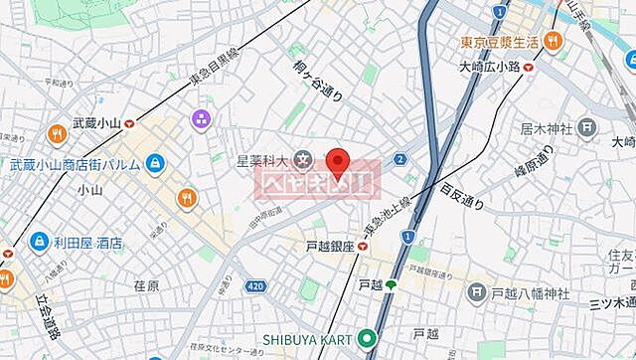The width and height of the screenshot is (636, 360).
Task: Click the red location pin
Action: coord(339,161)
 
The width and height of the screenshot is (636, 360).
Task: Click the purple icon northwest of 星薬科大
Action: coord(201,120)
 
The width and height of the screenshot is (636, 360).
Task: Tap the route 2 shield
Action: coord(399,158)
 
